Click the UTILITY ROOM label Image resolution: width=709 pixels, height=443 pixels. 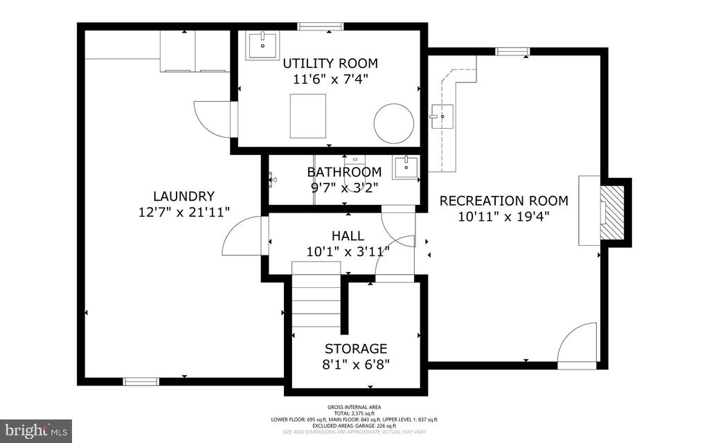click(330, 64)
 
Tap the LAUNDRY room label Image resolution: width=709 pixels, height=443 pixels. click(183, 196)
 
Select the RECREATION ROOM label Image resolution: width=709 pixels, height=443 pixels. click(503, 201)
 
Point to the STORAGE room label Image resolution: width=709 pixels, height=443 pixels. click(356, 348)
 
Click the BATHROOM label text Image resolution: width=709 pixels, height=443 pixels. click(344, 172)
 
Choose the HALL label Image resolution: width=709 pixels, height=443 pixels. click(348, 236)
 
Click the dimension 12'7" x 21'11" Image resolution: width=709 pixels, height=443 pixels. click(183, 212)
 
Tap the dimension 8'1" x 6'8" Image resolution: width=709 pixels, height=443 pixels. click(356, 364)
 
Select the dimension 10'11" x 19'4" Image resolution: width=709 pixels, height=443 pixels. click(503, 217)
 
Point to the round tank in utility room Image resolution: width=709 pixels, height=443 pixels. click(393, 123)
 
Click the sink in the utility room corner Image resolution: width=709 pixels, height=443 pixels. click(262, 46)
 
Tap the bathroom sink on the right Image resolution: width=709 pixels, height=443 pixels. click(406, 167)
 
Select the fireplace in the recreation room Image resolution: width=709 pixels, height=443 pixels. click(611, 212)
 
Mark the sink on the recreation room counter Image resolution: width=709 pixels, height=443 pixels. click(440, 116)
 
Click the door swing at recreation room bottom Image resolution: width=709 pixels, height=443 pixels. click(577, 345)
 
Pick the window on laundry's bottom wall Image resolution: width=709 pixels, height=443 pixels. click(141, 381)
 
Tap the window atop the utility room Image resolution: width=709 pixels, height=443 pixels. click(321, 27)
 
